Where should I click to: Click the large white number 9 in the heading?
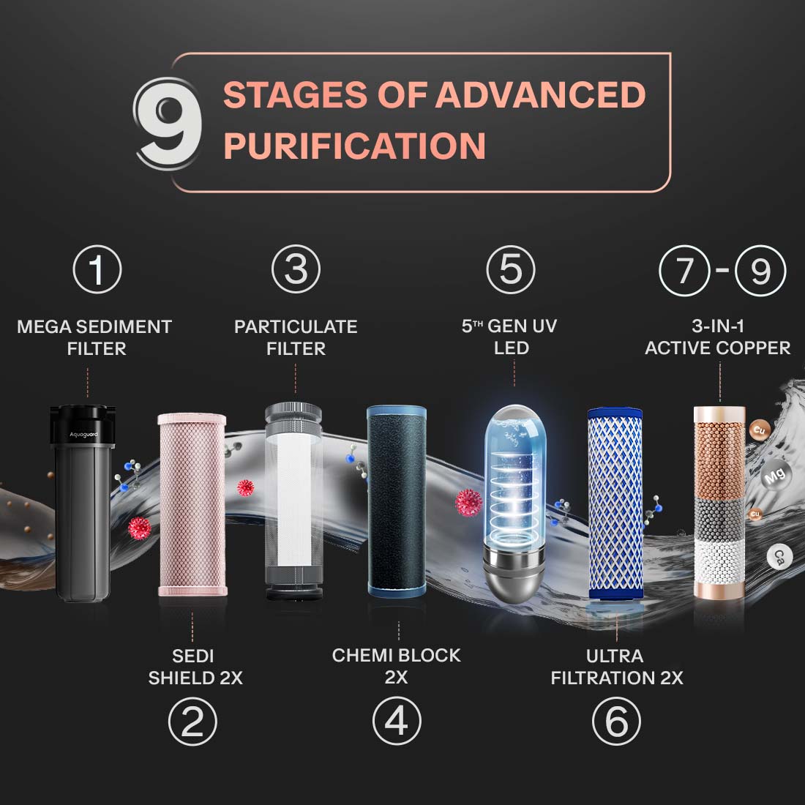(x=168, y=123)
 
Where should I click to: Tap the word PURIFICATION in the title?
(x=355, y=146)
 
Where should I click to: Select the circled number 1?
(x=97, y=269)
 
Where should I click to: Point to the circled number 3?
(x=296, y=269)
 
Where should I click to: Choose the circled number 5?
(x=511, y=269)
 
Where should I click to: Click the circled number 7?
(x=684, y=271)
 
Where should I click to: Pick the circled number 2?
(x=192, y=722)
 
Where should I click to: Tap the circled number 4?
(x=397, y=721)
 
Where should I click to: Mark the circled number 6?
(x=617, y=722)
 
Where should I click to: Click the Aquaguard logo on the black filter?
(x=83, y=435)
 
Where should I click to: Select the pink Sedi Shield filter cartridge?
(x=192, y=504)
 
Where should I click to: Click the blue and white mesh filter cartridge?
(x=615, y=503)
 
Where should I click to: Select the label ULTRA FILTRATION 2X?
(x=617, y=667)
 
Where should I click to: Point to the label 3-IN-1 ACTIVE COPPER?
(x=718, y=337)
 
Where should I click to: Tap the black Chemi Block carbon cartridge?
(x=397, y=501)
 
